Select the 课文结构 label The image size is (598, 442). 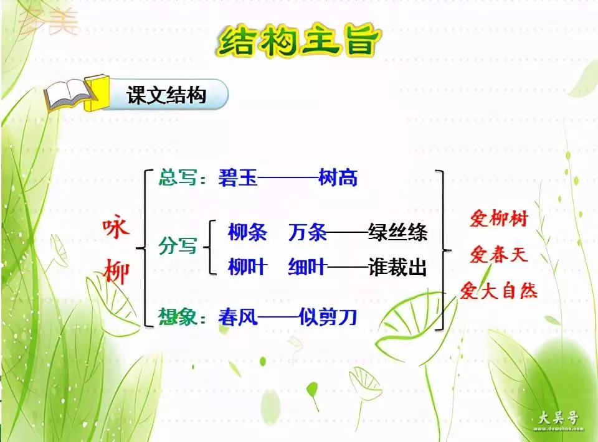166,95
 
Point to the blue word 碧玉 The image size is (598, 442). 238,177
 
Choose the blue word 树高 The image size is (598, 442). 338,177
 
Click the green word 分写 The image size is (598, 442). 178,245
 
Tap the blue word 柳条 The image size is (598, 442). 247,232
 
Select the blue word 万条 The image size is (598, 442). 307,232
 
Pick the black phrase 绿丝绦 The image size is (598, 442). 397,232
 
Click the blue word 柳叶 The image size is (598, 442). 247,266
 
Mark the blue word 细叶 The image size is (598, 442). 307,266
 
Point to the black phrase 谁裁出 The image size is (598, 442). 397,266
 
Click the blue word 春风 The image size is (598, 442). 238,317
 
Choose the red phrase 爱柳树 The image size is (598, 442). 499,219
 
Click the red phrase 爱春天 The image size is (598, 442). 499,254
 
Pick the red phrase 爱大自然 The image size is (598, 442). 499,290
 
